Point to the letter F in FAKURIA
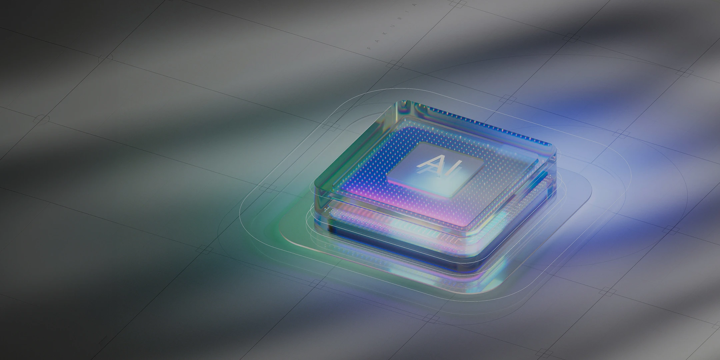click(369, 48)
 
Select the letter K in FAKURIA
click(384, 33)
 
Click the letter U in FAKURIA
click(392, 26)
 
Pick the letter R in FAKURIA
click(400, 18)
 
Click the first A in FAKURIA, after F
click(377, 41)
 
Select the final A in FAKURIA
click(414, 5)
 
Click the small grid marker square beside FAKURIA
click(395, 65)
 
